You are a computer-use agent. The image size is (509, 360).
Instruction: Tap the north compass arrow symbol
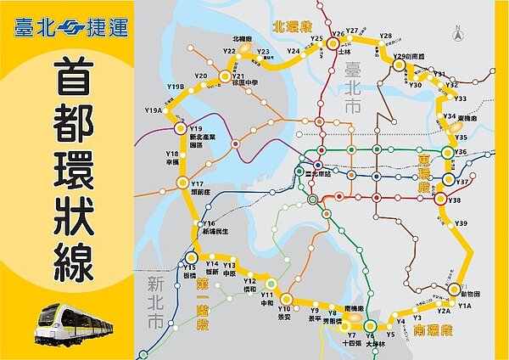(x=456, y=35)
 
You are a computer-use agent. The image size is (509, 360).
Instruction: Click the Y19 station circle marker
(x=180, y=128)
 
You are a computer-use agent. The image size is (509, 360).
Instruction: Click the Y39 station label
(x=461, y=223)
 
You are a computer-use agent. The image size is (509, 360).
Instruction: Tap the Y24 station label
(x=294, y=52)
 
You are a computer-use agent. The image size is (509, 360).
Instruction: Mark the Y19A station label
(x=153, y=111)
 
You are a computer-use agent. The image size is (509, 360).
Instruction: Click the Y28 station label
(x=386, y=37)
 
